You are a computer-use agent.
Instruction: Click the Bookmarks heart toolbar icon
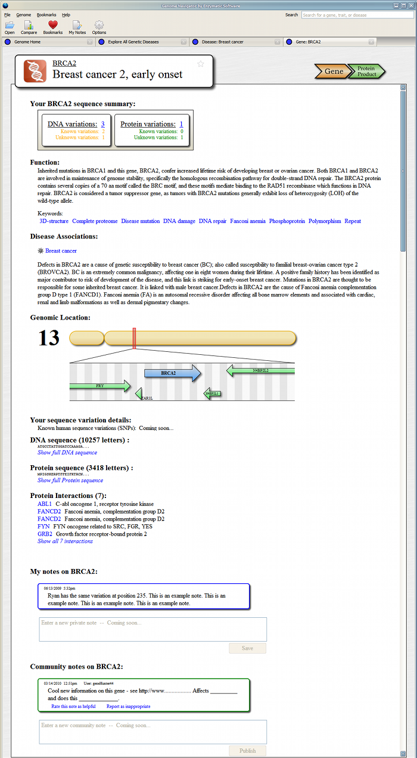[52, 25]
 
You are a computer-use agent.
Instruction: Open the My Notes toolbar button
[77, 25]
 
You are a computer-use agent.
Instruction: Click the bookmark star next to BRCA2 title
[201, 64]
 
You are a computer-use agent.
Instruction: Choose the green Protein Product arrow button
[366, 72]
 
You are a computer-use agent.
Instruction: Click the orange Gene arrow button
[332, 72]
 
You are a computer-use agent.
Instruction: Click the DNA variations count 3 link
[102, 124]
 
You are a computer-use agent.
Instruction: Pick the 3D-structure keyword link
[54, 221]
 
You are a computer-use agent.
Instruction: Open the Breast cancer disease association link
[61, 251]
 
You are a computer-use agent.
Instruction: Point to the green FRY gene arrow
[100, 386]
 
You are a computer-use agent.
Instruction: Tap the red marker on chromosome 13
[135, 338]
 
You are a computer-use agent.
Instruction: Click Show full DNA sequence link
[67, 453]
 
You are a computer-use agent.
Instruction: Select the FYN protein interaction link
[43, 527]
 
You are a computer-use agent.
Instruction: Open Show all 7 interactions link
[65, 541]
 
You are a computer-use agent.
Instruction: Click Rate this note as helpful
[73, 706]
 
